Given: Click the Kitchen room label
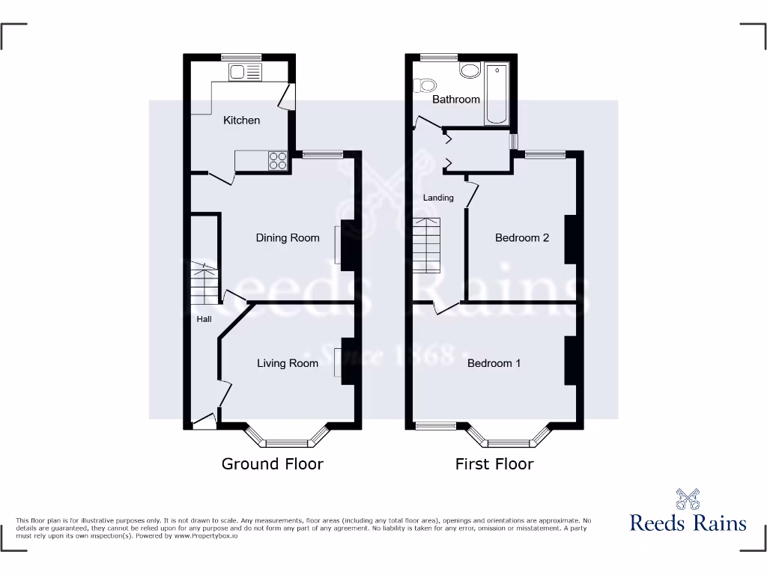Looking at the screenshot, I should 242,120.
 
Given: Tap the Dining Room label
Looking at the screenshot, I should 288,238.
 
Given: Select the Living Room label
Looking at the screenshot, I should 288,363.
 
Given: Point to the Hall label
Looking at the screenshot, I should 204,319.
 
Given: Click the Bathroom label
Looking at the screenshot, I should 455,99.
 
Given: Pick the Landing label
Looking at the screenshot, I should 438,198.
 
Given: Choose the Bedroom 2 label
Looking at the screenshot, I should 522,238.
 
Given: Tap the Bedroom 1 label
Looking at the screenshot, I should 494,363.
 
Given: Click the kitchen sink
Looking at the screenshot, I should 246,73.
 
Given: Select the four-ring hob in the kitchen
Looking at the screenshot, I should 278,161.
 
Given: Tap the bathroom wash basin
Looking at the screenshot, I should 470,72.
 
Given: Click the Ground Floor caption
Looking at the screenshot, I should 272,464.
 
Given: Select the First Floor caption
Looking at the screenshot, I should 494,464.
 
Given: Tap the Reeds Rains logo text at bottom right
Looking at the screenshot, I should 688,523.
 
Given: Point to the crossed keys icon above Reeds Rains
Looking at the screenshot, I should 688,499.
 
